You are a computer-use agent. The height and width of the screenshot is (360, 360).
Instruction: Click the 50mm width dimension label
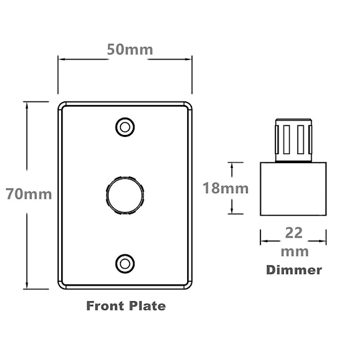[x=130, y=50]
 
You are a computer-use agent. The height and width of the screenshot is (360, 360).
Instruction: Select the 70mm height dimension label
[x=29, y=194]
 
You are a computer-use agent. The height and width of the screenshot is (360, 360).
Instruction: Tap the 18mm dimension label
[x=226, y=188]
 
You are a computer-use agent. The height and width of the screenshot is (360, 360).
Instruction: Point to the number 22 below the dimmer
[x=293, y=233]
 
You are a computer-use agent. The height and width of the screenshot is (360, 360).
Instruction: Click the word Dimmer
[x=294, y=270]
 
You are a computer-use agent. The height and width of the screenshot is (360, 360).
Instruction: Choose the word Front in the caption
[x=105, y=306]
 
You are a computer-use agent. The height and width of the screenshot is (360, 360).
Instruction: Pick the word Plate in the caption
[x=147, y=306]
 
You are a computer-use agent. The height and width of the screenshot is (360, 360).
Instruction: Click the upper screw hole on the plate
[x=125, y=127]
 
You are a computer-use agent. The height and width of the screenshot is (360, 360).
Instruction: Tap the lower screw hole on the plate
[x=125, y=264]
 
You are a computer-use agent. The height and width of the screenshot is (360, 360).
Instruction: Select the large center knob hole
[x=125, y=196]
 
